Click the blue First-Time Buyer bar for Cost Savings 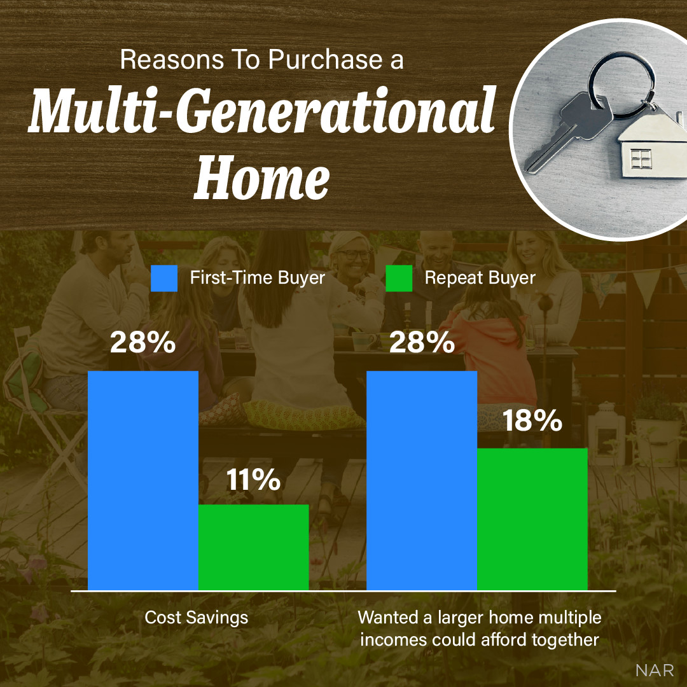pos(142,480)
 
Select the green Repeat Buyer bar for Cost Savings pos(253,547)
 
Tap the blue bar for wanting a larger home pos(421,480)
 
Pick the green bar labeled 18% pos(532,518)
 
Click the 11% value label pos(253,480)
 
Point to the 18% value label pos(532,420)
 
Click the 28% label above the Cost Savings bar pos(142,343)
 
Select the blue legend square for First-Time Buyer pos(163,279)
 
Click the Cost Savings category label pos(196,617)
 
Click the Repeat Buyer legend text pos(480,278)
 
